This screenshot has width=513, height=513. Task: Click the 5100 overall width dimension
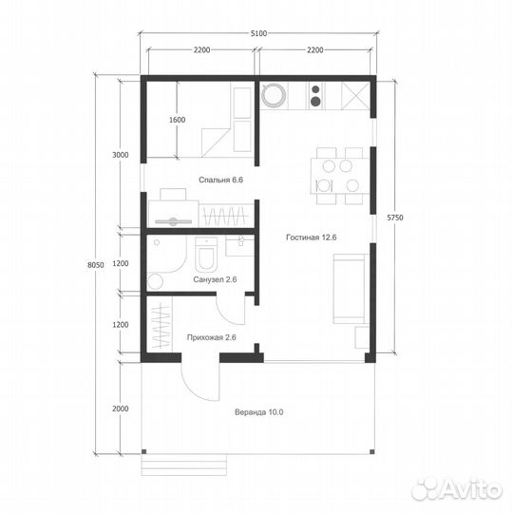pyautogui.click(x=258, y=33)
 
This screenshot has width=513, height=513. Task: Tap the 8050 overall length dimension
pyautogui.click(x=96, y=265)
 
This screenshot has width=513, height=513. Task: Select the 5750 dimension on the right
pyautogui.click(x=395, y=218)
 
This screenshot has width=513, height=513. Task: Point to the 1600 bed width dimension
pyautogui.click(x=177, y=120)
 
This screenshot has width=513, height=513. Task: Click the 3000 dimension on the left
pyautogui.click(x=121, y=155)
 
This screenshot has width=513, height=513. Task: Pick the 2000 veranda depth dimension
pyautogui.click(x=121, y=408)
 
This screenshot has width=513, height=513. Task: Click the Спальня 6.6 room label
pyautogui.click(x=220, y=180)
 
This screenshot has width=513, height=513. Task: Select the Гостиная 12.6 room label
pyautogui.click(x=312, y=237)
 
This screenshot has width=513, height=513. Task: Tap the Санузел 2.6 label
pyautogui.click(x=215, y=279)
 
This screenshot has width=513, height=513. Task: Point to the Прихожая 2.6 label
pyautogui.click(x=211, y=337)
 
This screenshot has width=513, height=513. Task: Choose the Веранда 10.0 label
pyautogui.click(x=259, y=412)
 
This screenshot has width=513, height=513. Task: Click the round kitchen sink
pyautogui.click(x=274, y=95)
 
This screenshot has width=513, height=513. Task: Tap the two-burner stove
pyautogui.click(x=315, y=96)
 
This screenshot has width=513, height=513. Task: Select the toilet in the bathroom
pyautogui.click(x=206, y=254)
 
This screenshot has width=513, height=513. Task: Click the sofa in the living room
pyautogui.click(x=351, y=289)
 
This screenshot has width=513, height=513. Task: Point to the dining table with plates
pyautogui.click(x=340, y=176)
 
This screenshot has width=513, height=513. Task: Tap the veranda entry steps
pyautogui.click(x=184, y=465)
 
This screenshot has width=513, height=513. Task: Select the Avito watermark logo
pyautogui.click(x=457, y=489)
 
